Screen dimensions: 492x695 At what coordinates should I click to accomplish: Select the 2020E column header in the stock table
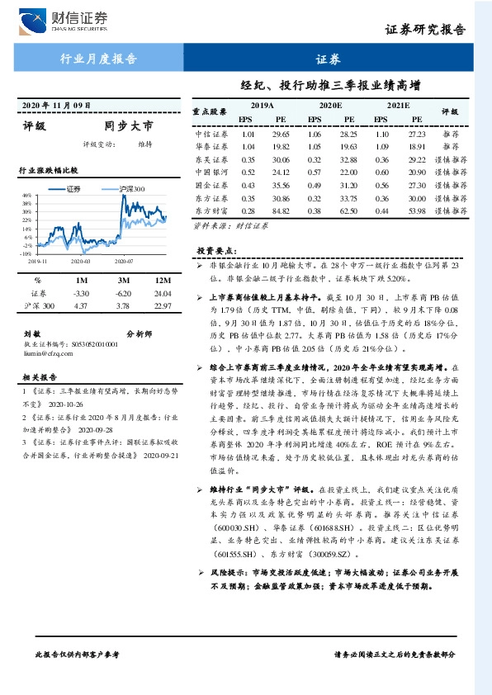pos(330,106)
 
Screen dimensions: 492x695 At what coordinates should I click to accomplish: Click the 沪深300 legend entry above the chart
pos(125,188)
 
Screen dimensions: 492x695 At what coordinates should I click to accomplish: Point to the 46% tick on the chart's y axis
pos(27,195)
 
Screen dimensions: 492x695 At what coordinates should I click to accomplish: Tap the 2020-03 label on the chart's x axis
pos(80,262)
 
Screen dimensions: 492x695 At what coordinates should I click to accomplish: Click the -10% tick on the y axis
pos(26,254)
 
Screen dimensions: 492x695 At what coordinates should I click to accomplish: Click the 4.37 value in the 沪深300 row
pos(81,306)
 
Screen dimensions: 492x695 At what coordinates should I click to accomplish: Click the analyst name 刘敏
pos(32,333)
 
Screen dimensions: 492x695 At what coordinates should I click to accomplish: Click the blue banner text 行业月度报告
pos(99,58)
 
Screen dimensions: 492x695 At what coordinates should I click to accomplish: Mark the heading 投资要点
pos(215,250)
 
